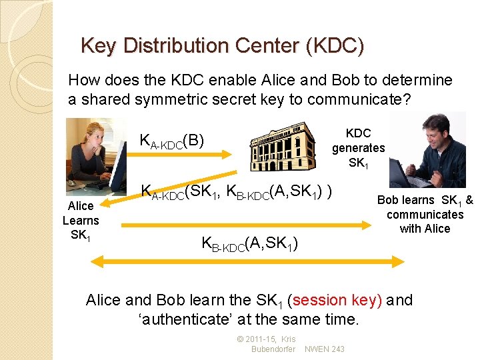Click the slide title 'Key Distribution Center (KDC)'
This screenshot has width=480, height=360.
(x=222, y=46)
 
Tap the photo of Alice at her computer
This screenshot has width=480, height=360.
(x=96, y=154)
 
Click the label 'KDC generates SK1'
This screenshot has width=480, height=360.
(x=358, y=147)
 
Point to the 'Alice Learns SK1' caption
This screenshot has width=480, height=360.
(x=81, y=220)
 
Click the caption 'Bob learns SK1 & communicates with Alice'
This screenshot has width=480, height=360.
(x=425, y=214)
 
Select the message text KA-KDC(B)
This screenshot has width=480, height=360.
(x=171, y=141)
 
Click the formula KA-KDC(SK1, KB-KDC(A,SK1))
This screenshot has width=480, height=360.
(x=237, y=192)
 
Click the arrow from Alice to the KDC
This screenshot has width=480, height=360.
(x=180, y=156)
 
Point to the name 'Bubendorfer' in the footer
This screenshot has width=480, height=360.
(x=273, y=349)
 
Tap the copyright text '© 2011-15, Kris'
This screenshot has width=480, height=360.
(x=266, y=340)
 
